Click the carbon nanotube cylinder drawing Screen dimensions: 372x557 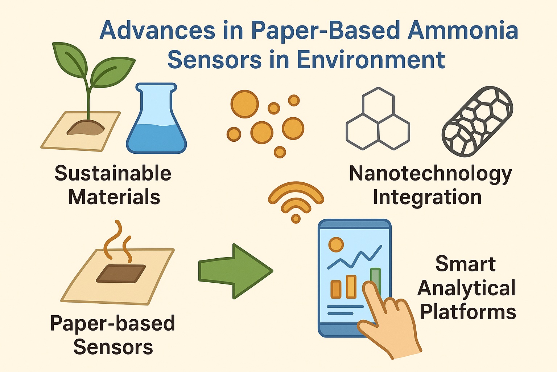(477, 121)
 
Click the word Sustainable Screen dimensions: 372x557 (113, 173)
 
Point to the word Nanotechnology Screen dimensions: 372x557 (430, 173)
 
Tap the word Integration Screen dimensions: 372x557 (427, 197)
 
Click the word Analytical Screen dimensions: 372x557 (467, 288)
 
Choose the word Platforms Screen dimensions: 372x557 (468, 312)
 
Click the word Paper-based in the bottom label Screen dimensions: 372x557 (113, 323)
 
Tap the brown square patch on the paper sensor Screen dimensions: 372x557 (121, 273)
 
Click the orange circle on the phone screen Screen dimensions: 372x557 (336, 244)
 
